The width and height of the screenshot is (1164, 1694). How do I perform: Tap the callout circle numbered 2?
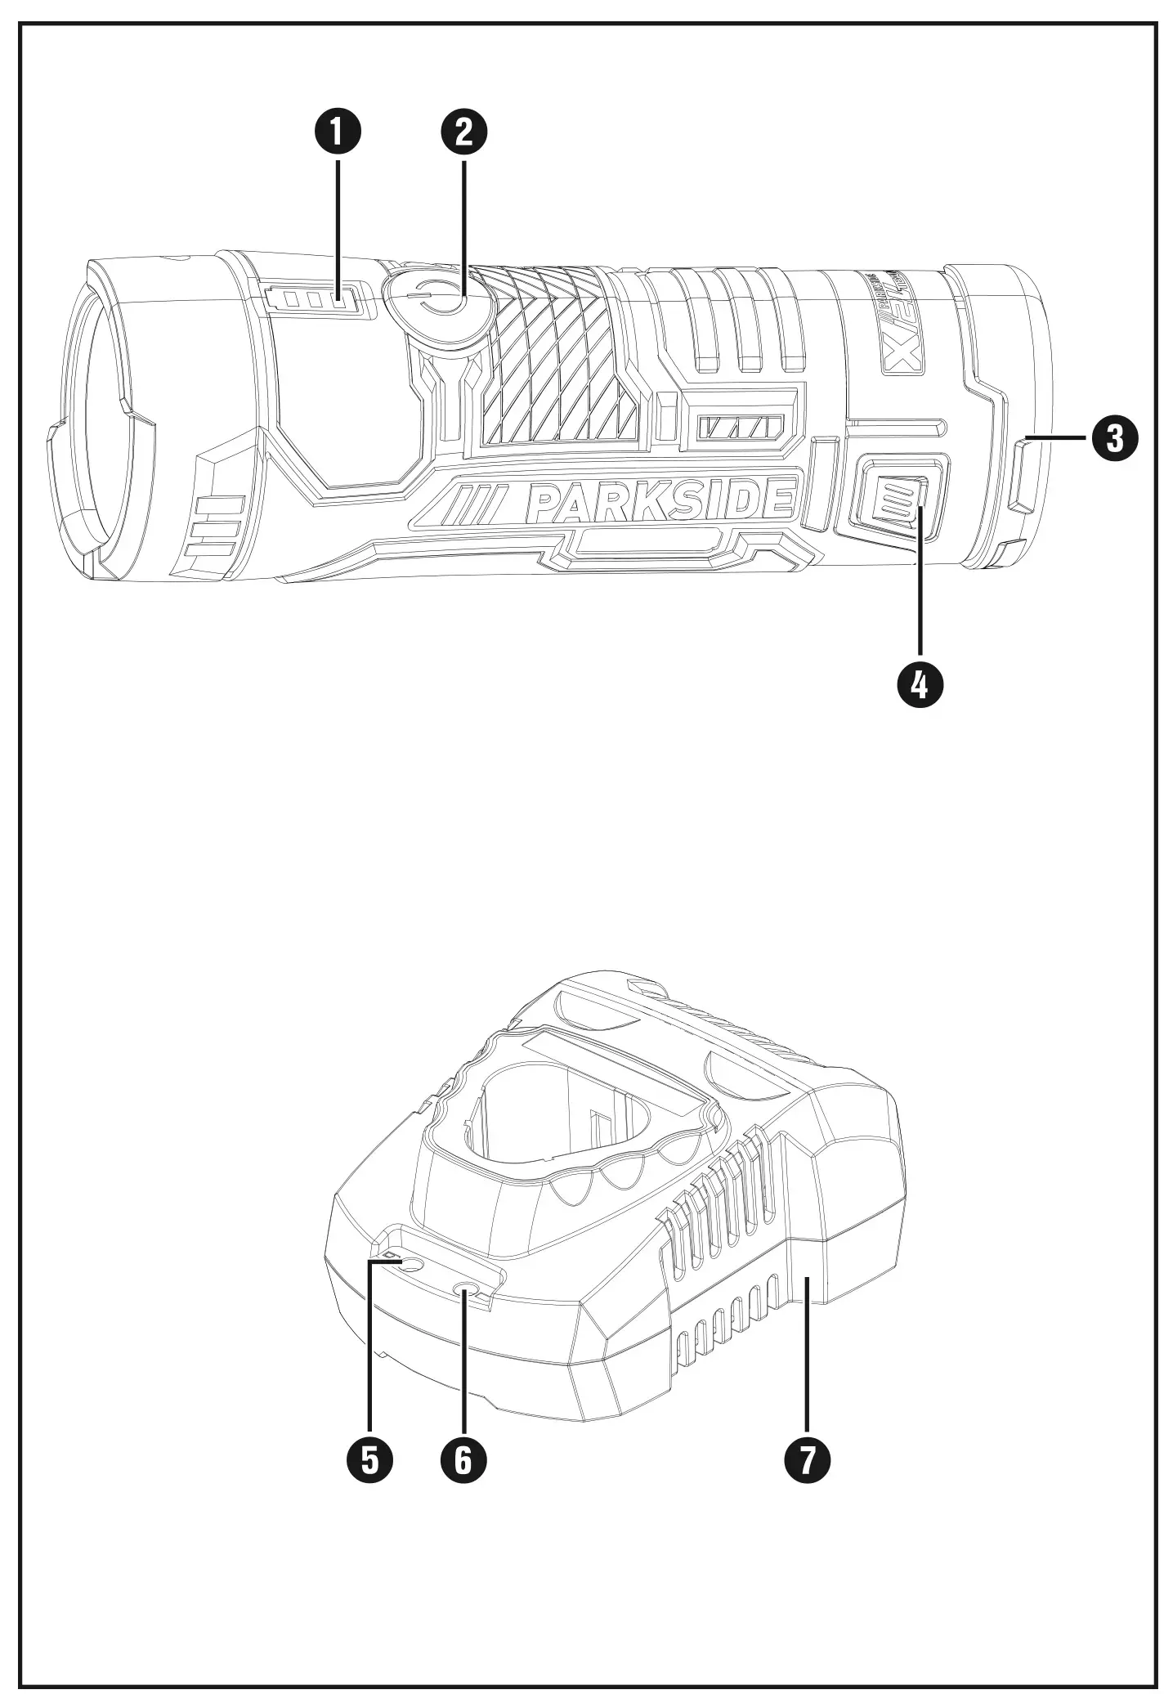[463, 133]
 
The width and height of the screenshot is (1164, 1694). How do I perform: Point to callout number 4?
[920, 683]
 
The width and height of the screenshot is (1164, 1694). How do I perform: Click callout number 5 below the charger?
[369, 1458]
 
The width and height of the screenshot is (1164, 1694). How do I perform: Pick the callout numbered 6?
[463, 1458]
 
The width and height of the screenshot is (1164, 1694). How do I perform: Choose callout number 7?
[807, 1458]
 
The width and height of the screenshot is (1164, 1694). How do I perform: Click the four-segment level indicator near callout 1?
[314, 298]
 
